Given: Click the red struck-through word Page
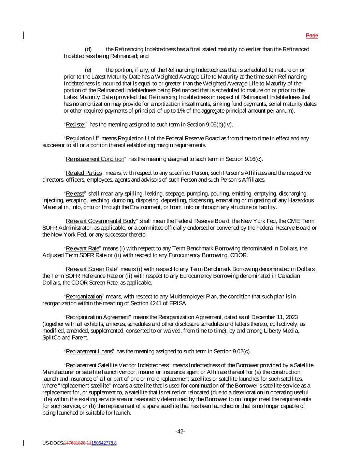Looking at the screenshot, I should point(312,36).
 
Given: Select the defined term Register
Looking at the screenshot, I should point(75,125).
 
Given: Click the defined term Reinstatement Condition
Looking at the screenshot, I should point(95,159).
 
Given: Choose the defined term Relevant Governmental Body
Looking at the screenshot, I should point(101,221).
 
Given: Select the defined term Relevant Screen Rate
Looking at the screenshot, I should point(91,269).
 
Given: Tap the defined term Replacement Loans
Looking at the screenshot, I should point(89,352).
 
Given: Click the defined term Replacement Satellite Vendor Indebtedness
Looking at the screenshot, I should point(117,365).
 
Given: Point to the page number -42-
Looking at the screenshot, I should point(180,432).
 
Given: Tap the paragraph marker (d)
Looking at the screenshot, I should point(88,50).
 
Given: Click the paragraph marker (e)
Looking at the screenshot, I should point(88,70).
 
